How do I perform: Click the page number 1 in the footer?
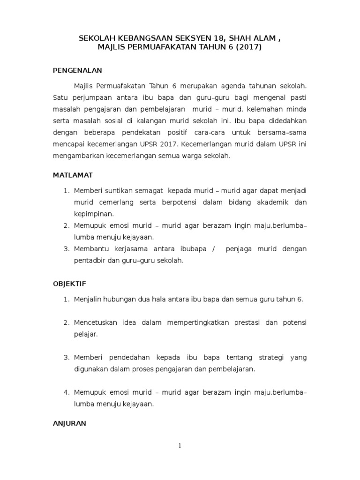(x=180, y=446)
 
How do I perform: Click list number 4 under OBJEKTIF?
(x=67, y=392)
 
